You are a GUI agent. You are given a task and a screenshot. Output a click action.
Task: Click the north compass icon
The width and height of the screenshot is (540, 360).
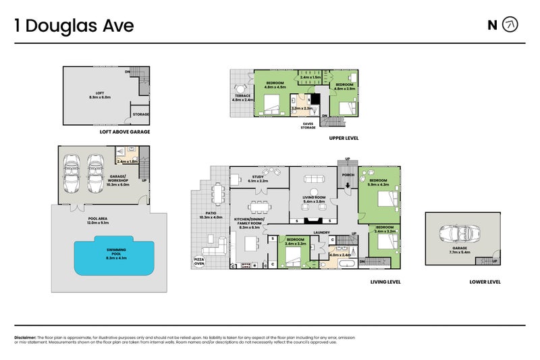point(511,25)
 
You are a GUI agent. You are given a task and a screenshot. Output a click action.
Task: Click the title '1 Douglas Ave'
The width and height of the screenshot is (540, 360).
point(74,26)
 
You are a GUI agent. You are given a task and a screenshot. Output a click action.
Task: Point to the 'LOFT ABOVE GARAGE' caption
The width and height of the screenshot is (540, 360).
point(124,132)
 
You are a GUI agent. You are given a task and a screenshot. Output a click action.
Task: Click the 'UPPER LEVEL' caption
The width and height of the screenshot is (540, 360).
point(344,137)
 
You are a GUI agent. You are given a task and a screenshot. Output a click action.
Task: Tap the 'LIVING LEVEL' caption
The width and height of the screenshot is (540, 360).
point(385,282)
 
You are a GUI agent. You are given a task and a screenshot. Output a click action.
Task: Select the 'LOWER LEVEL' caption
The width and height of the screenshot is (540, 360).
point(485,282)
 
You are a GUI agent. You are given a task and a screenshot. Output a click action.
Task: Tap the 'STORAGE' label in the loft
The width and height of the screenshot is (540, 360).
point(140,114)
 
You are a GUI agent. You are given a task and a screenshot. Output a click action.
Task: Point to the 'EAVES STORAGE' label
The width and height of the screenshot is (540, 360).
point(307,124)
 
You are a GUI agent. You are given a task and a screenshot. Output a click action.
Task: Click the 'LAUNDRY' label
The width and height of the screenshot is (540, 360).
point(321,232)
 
